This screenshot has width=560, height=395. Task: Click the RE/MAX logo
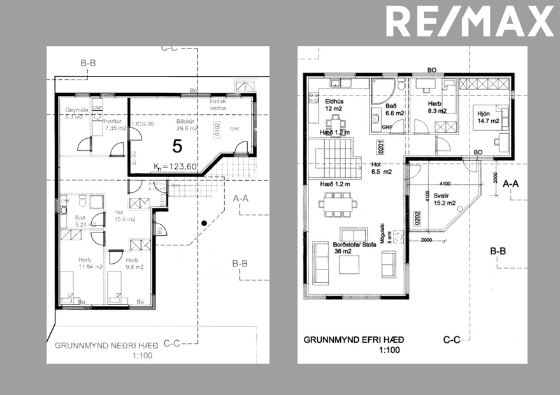[x=470, y=21]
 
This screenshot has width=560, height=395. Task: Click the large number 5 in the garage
[x=177, y=145]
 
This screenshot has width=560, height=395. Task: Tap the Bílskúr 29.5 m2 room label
[x=186, y=124]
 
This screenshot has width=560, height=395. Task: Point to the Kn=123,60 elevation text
[x=175, y=168]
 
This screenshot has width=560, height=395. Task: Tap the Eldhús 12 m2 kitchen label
[x=334, y=104]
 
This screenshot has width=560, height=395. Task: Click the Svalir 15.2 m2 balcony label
[x=442, y=200]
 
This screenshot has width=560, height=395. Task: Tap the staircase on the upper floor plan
[x=336, y=155]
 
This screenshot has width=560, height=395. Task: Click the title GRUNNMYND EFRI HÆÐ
[x=354, y=340]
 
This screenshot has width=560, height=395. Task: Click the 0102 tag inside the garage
[x=217, y=131]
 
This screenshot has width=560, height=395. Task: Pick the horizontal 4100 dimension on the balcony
[x=444, y=165]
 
